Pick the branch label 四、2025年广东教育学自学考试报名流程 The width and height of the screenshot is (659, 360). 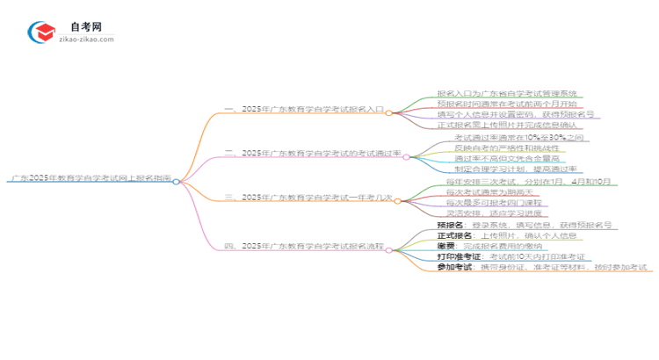coord(308,246)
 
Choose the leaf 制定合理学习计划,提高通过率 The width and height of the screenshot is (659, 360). coord(516,169)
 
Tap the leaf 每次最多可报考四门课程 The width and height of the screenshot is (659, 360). coord(490,203)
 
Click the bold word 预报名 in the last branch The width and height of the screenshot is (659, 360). coord(450,226)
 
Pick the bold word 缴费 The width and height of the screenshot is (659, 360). coord(445,246)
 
